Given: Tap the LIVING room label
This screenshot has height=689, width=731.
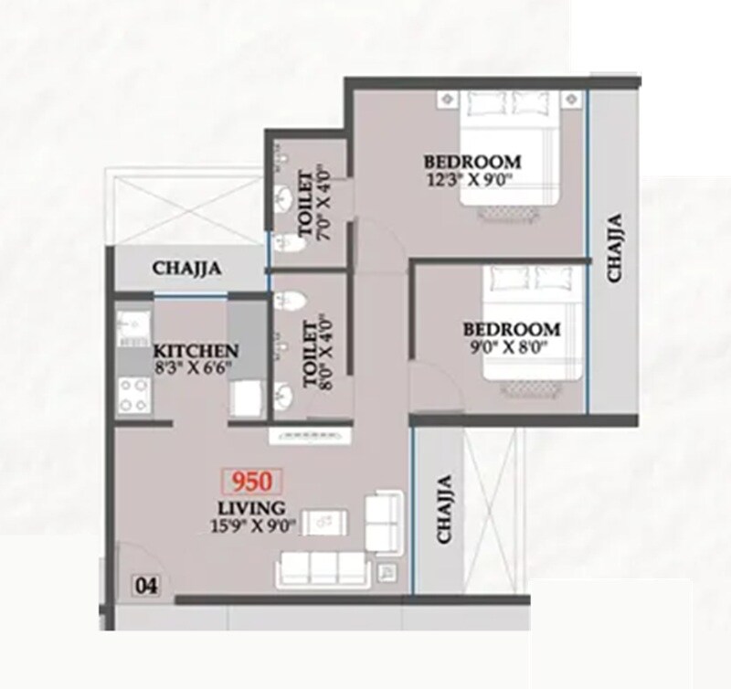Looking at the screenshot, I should (250, 507).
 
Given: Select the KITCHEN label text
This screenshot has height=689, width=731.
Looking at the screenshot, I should (196, 352).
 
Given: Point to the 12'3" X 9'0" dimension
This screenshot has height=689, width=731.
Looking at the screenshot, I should (471, 179).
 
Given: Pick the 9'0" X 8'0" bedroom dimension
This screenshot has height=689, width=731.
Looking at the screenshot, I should (512, 346).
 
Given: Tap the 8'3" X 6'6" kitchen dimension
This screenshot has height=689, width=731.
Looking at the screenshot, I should (194, 368).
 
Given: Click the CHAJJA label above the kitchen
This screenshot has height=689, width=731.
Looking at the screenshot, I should (187, 269).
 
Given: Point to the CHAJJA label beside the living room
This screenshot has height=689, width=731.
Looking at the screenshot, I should (444, 509).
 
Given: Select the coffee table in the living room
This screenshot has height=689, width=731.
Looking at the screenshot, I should (324, 522).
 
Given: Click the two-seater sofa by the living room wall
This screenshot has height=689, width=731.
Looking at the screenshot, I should (384, 519).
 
